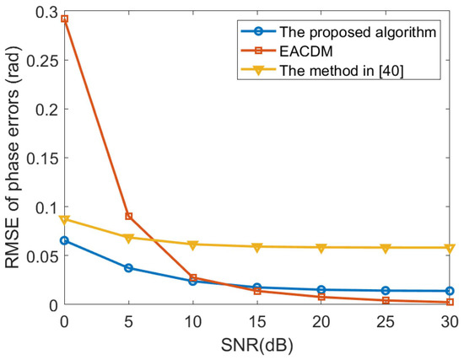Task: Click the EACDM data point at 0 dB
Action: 64,19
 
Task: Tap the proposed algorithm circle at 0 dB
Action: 64,240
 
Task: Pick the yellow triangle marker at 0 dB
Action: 64,219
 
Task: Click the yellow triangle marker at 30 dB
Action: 450,248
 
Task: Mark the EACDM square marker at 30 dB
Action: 450,302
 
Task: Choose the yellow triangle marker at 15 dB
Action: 256,247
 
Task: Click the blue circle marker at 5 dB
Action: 128,268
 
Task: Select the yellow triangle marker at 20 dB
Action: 321,248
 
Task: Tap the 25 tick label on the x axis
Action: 386,320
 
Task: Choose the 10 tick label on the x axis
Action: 192,320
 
